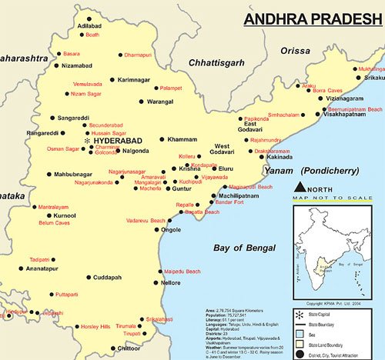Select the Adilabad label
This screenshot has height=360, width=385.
[90, 25]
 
